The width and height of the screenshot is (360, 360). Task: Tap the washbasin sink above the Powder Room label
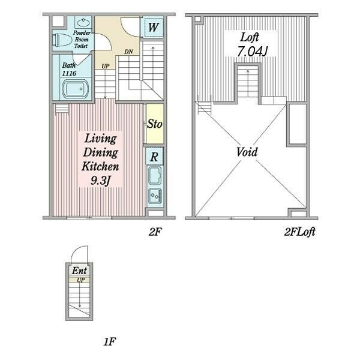[83, 22]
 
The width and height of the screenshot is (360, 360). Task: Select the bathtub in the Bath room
[76, 89]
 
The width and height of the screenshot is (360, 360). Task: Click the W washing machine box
[153, 27]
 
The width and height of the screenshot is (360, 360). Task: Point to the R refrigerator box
[154, 157]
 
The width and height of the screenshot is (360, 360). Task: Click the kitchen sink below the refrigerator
[155, 176]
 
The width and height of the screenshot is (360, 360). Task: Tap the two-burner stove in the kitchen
[155, 196]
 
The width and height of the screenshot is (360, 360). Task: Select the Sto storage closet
[155, 124]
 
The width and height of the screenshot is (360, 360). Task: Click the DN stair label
[128, 52]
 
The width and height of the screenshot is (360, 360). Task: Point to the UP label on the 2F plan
[106, 66]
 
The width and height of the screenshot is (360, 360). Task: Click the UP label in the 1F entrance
[81, 280]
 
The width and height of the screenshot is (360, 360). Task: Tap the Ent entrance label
[79, 271]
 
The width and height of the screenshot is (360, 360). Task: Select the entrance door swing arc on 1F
[78, 249]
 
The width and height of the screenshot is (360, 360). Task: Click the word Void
[247, 152]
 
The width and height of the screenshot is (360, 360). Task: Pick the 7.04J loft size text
[251, 52]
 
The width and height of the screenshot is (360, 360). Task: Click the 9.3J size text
[101, 181]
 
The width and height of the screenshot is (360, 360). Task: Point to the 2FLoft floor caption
[299, 232]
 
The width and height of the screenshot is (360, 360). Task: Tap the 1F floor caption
[109, 341]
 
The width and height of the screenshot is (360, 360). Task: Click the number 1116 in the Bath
[69, 73]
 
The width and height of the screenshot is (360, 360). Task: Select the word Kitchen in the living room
[100, 166]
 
